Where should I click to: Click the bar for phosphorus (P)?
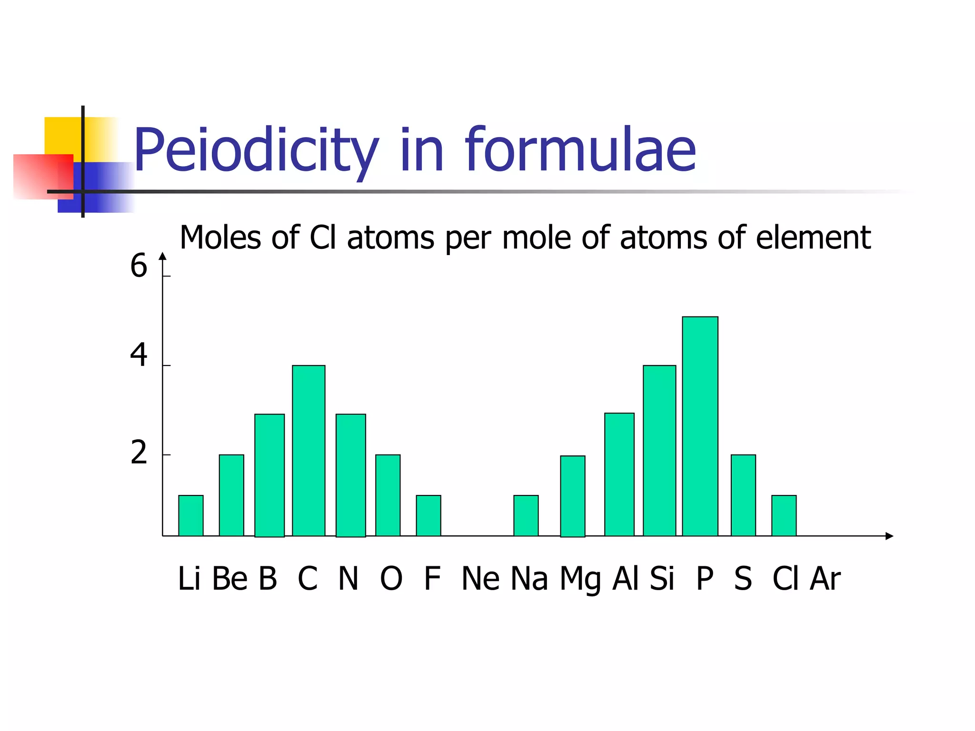700,426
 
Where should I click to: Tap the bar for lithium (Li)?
191,515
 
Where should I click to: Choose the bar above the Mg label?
573,496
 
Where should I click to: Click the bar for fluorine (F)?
428,515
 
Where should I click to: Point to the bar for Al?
619,474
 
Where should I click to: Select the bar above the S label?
743,495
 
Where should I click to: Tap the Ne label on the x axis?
480,579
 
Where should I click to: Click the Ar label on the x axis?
825,579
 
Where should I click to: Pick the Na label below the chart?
529,579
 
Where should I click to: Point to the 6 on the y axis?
139,266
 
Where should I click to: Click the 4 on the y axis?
139,355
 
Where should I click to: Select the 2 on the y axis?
139,453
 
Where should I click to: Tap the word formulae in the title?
580,149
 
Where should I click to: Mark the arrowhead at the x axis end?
889,536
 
